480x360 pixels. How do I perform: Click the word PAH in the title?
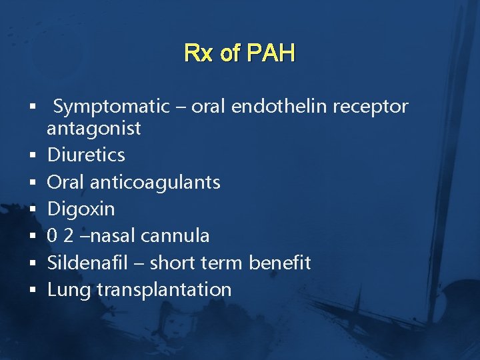coord(271,53)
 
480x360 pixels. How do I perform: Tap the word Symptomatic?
coord(111,106)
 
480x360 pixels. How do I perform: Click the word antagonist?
coord(94,128)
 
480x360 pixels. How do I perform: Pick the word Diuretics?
coord(86,155)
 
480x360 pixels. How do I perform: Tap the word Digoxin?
coord(81,209)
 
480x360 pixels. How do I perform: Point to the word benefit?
coord(279,263)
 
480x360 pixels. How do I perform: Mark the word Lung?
coord(69,290)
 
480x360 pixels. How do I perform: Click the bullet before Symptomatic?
coord(32,107)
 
